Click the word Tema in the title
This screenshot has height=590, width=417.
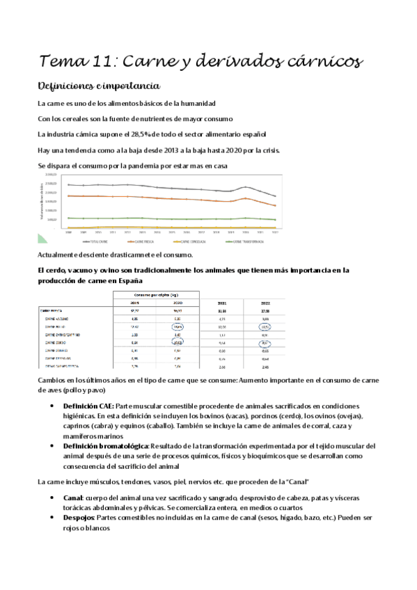point(60,62)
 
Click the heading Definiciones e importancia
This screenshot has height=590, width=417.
point(99,86)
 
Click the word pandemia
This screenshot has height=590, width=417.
point(159,166)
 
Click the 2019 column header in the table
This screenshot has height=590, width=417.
point(134,303)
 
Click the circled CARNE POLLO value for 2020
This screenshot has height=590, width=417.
point(178,326)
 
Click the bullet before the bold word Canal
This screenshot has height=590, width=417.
point(54,498)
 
